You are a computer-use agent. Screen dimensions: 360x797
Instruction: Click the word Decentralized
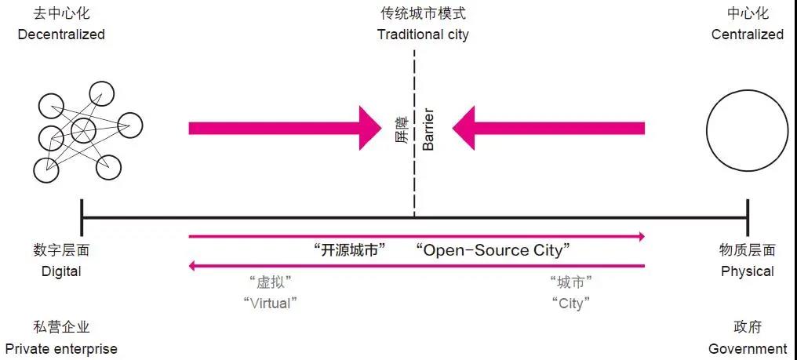point(60,35)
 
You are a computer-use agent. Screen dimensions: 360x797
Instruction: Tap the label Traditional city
point(423,35)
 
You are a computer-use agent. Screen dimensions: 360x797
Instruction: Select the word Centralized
point(747,35)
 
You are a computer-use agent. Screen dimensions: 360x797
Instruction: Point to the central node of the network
point(83,129)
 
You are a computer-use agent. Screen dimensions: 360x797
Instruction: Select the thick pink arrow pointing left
point(548,127)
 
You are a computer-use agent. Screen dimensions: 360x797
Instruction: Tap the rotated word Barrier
point(428,128)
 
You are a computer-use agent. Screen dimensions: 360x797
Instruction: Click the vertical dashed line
point(414,180)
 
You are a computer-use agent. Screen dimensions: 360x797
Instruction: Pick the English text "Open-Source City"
point(493,250)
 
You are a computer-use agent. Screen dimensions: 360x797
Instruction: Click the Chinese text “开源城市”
point(350,250)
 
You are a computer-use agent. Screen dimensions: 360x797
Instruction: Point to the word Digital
point(61,271)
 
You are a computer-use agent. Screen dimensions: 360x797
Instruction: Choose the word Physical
point(747,271)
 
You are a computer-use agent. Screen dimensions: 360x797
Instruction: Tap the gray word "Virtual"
point(271,303)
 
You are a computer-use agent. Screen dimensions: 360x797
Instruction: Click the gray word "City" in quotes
point(570,303)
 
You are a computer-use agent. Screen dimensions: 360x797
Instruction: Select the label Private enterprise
point(61,348)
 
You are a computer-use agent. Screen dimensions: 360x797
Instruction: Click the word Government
point(747,348)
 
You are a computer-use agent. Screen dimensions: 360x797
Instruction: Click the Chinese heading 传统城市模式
point(423,14)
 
